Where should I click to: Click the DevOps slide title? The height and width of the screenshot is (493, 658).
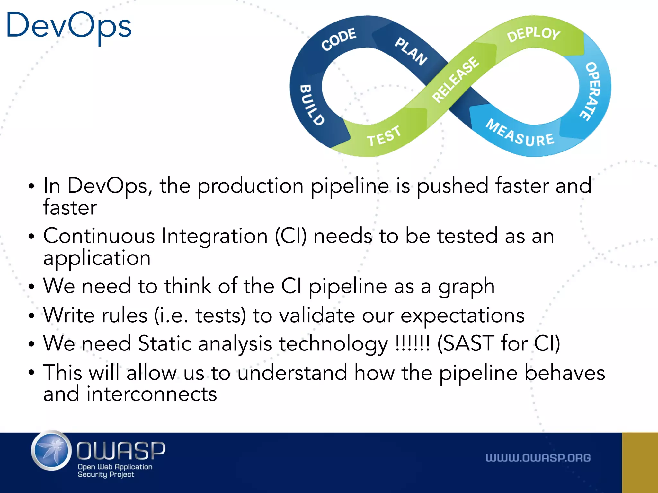coord(69,26)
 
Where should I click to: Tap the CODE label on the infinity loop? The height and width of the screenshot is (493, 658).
coord(339,39)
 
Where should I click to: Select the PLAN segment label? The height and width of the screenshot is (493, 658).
coord(411,51)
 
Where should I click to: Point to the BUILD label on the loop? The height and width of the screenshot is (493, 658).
coord(311,105)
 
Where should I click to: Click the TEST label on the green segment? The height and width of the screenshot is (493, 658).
coord(384,136)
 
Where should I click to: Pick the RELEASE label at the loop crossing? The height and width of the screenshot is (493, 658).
coord(456,79)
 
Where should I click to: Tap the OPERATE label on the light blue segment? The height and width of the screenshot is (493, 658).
coord(591,91)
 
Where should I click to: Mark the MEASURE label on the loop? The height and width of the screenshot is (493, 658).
coord(520,134)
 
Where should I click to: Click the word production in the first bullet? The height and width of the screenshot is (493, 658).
coord(251,186)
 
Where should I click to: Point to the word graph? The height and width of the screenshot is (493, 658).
coord(466,287)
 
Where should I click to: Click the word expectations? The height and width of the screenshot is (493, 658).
coord(462,316)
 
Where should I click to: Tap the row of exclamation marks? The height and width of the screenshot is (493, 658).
coord(413,343)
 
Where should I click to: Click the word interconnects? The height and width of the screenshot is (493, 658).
coord(152,394)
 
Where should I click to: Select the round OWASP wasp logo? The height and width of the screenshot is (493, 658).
coord(51,451)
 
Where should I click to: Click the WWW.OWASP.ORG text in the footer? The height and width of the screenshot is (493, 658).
coord(538,458)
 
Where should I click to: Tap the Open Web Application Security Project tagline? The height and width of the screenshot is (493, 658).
coord(115,471)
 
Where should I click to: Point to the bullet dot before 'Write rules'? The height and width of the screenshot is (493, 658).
coord(31,316)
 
